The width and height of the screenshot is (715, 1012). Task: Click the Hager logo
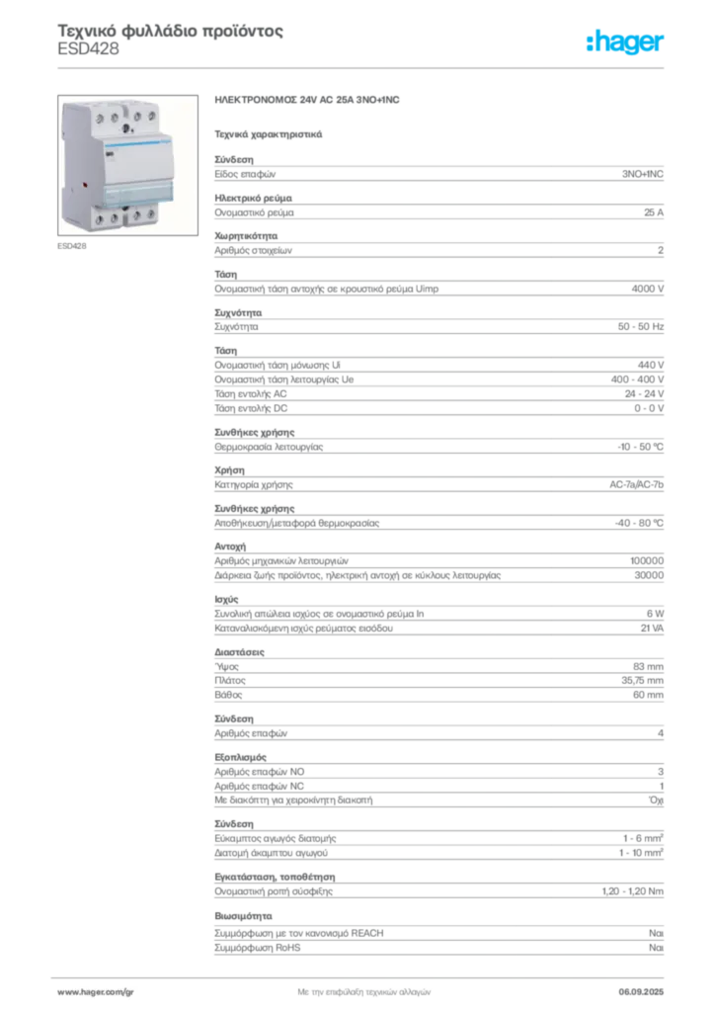point(624,42)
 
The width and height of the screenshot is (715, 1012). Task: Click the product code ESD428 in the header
point(88,49)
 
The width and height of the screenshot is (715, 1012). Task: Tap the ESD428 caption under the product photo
point(71,246)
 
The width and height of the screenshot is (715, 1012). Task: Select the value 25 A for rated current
point(654,212)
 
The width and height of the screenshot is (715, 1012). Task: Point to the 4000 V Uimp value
point(647,289)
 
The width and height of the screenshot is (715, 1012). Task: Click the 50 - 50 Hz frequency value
point(640,326)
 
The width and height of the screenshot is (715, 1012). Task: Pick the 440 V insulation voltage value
point(651,365)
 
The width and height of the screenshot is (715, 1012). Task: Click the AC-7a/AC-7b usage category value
point(636,484)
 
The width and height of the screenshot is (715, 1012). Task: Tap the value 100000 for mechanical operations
point(647,561)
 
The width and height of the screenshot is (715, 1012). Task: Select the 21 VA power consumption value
point(652,628)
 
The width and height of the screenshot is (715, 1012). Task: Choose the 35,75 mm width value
point(642,680)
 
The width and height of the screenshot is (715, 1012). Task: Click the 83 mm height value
point(648,666)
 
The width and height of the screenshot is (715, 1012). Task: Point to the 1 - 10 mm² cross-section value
point(641,853)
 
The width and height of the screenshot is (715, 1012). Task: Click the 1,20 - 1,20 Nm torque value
point(632,891)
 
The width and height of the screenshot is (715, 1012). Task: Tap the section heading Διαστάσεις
point(239,652)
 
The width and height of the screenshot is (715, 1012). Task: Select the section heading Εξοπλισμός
point(241,757)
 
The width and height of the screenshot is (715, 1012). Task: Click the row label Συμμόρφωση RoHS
point(257,948)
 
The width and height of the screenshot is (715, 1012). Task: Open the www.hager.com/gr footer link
point(96,992)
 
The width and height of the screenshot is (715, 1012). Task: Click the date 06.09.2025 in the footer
point(641,992)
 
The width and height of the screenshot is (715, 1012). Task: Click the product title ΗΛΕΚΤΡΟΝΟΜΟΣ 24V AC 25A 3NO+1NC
point(307,100)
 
